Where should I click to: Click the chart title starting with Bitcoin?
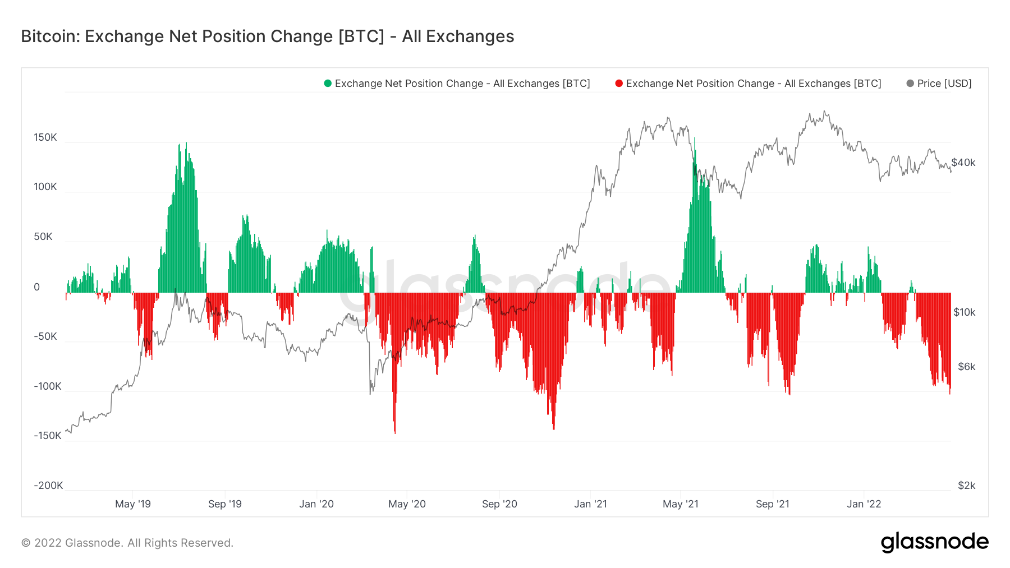(267, 36)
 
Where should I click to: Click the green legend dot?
(328, 84)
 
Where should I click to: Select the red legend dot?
(619, 84)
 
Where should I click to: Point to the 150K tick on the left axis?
(45, 137)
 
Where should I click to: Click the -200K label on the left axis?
(48, 486)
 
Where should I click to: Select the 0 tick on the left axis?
(37, 287)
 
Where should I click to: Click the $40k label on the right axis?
(963, 163)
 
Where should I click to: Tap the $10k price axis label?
(964, 312)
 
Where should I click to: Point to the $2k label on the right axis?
(966, 486)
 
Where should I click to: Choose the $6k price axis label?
(966, 367)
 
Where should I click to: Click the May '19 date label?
(133, 504)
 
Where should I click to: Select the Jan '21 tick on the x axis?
(590, 504)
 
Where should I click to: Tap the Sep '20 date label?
(499, 504)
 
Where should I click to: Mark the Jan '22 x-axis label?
(864, 504)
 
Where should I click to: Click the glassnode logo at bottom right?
(934, 542)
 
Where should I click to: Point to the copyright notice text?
(127, 543)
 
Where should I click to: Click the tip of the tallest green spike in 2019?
(186, 144)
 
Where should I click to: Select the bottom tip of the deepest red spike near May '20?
(395, 433)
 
